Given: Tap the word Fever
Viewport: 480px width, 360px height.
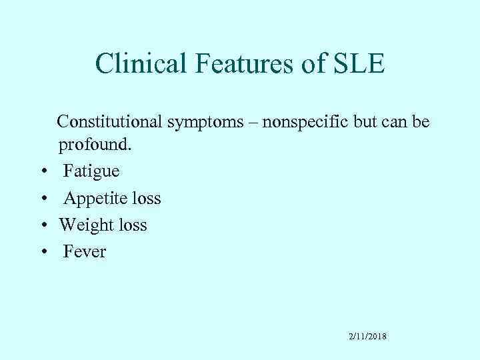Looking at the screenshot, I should tap(85, 252).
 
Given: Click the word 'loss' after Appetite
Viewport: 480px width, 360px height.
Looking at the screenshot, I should tap(145, 199).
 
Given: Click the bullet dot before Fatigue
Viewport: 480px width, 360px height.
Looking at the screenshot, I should tap(43, 172).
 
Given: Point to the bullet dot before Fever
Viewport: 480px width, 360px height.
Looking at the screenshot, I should tap(43, 253).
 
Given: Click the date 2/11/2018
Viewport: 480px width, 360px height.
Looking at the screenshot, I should tap(367, 337).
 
